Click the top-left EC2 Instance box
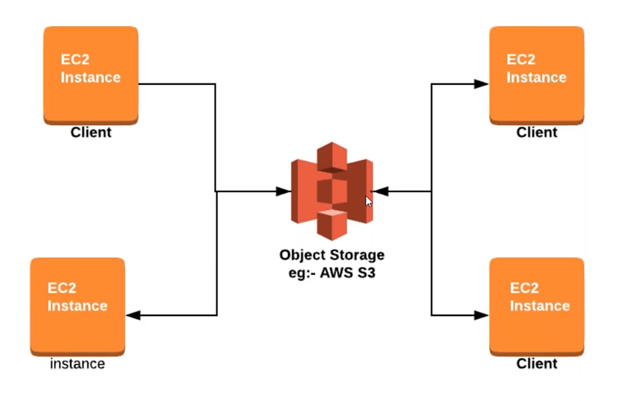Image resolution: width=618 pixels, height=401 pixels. (x=90, y=75)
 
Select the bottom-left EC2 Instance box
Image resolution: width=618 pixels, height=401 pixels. (x=78, y=307)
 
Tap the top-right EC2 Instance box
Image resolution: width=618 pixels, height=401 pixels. (x=537, y=75)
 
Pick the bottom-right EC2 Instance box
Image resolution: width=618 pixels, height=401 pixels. (x=537, y=307)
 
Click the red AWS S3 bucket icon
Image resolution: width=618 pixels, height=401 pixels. (x=332, y=192)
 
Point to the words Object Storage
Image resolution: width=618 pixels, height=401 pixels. (x=332, y=255)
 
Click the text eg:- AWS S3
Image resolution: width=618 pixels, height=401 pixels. (x=332, y=273)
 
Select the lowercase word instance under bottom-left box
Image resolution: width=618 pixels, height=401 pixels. (x=77, y=364)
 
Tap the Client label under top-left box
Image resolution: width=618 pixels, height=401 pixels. (x=90, y=132)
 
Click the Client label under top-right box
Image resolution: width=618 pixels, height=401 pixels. (x=537, y=132)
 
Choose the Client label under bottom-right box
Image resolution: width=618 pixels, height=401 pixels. (x=537, y=364)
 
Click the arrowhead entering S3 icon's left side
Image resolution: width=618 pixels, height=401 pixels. (x=284, y=192)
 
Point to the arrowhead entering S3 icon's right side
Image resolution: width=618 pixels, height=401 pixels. (x=380, y=192)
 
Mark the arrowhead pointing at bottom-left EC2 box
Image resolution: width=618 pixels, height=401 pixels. (x=133, y=315)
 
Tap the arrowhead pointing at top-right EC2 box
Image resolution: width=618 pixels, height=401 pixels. (x=481, y=83)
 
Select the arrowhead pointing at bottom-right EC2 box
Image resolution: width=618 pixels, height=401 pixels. (x=481, y=315)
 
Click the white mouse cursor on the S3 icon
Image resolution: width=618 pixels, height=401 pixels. (x=368, y=202)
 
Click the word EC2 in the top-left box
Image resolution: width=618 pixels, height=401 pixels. (x=75, y=59)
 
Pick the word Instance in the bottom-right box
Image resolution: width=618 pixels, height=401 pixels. (x=539, y=306)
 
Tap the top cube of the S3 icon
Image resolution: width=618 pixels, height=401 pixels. (x=332, y=157)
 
